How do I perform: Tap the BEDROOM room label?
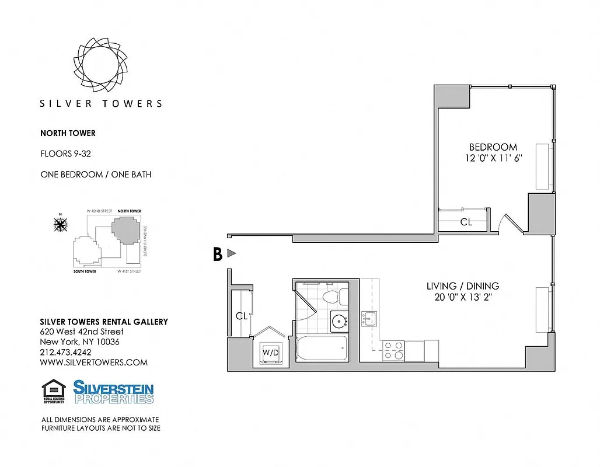(493, 147)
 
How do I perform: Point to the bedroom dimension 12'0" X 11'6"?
(493, 158)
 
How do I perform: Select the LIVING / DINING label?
(462, 286)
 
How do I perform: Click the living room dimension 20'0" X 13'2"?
(462, 297)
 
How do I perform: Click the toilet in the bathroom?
(330, 296)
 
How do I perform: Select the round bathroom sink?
(339, 320)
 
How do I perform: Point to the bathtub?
(322, 348)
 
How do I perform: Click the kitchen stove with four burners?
(393, 350)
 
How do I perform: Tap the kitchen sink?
(369, 319)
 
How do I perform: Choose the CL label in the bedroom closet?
(466, 222)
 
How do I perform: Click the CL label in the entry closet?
(242, 316)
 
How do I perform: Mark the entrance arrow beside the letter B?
(231, 253)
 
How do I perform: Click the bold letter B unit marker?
(217, 254)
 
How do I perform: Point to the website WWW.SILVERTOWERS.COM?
(93, 363)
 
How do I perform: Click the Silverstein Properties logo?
(113, 392)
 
